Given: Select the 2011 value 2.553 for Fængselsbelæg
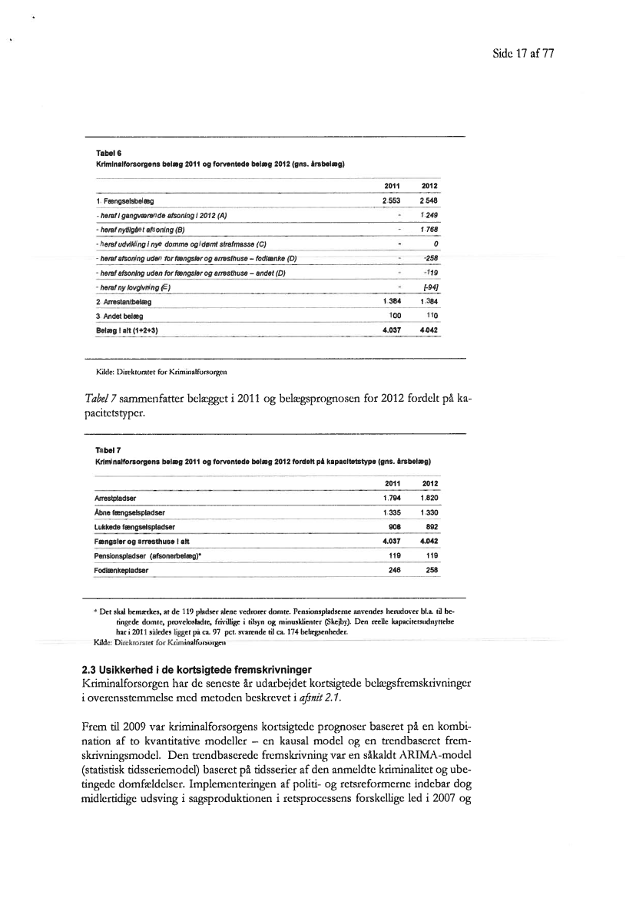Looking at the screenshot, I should (x=392, y=199).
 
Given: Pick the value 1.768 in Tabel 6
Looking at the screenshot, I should (x=429, y=229).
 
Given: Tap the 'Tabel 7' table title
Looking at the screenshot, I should (x=104, y=452).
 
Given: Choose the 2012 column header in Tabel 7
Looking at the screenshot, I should (x=430, y=483).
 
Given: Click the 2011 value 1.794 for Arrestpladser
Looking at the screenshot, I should (x=393, y=497).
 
